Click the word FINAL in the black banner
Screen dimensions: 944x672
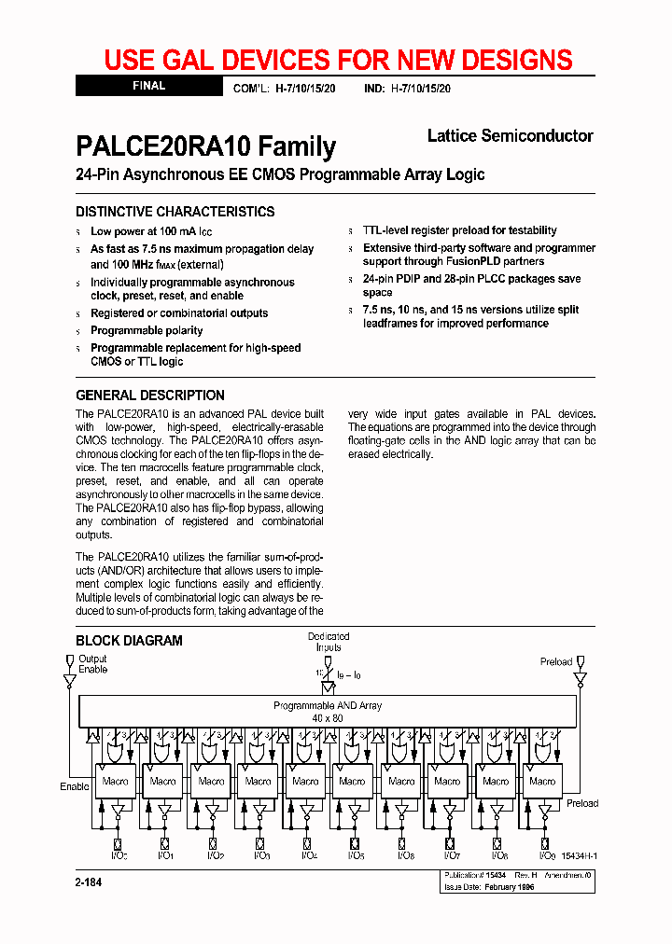[x=148, y=86]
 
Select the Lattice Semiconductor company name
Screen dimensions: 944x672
[x=510, y=136]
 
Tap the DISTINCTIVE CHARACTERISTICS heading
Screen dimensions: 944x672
[x=175, y=212]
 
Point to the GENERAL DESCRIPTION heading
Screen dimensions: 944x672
[x=150, y=395]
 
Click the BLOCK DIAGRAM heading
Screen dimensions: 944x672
[x=129, y=641]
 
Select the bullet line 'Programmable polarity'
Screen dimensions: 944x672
[x=147, y=330]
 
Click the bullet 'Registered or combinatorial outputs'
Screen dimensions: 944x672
[x=179, y=313]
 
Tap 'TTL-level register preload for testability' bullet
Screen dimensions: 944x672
[x=460, y=230]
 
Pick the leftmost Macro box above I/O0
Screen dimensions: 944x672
[x=116, y=781]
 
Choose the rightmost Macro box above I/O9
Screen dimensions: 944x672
[x=542, y=781]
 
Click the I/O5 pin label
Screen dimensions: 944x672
[x=355, y=855]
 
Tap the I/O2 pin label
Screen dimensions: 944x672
[x=213, y=855]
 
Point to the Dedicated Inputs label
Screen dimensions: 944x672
[x=329, y=642]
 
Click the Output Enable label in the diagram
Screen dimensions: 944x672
[x=92, y=664]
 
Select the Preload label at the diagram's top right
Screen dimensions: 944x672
[x=556, y=661]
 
